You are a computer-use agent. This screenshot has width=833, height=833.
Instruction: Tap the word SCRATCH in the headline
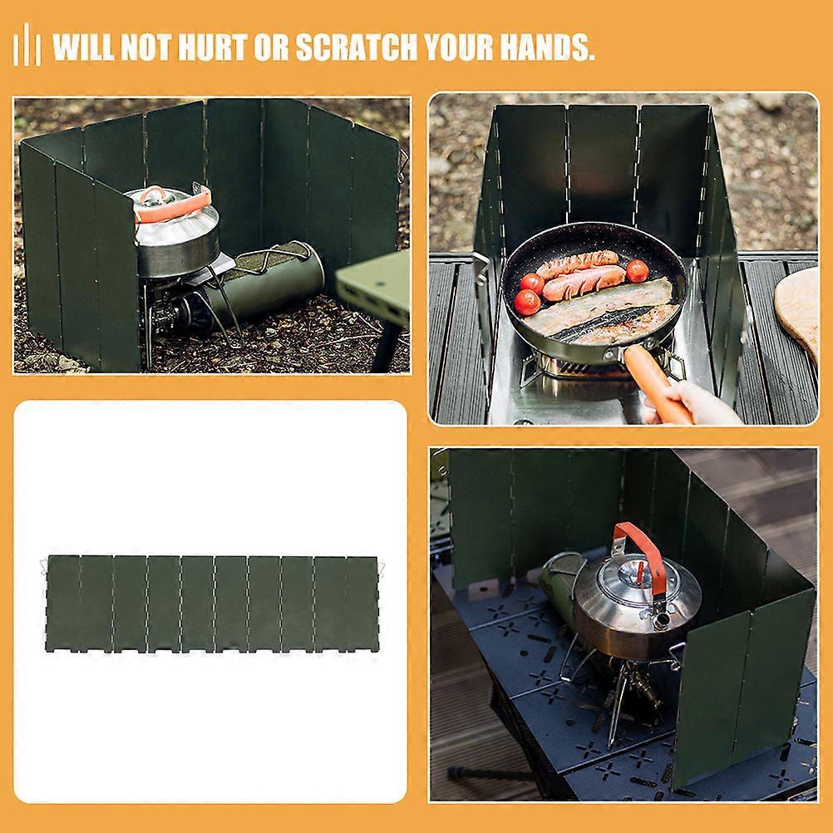(x=357, y=47)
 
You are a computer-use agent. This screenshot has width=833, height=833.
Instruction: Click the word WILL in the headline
(x=82, y=47)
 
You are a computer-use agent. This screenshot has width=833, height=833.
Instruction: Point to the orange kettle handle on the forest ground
(x=173, y=204)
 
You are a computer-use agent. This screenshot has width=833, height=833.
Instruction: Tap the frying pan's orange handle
(x=657, y=384)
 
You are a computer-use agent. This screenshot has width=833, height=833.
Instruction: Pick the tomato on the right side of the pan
(x=637, y=270)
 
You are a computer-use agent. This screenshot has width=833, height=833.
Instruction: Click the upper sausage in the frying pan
(x=577, y=263)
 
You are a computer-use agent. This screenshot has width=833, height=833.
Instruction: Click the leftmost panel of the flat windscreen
(x=62, y=603)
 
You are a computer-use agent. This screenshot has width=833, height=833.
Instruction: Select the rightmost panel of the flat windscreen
(x=362, y=604)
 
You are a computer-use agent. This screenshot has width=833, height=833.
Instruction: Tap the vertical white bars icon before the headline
(x=27, y=45)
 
